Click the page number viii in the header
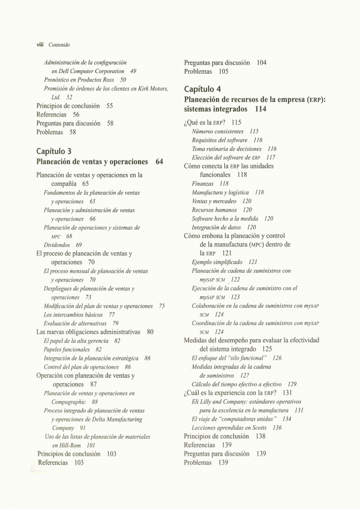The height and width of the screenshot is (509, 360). [x=40, y=44]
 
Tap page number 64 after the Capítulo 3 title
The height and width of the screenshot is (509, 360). [x=159, y=162]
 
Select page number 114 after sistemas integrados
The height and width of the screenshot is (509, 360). [x=260, y=110]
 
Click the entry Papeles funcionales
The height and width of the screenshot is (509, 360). [x=67, y=350]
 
